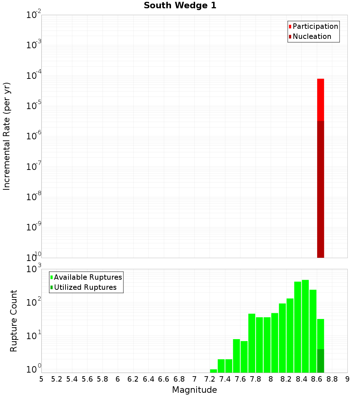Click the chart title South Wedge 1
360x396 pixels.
(x=180, y=6)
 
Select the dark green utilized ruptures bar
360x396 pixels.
(x=320, y=361)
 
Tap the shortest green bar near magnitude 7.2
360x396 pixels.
(x=213, y=371)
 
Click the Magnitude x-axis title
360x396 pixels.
(x=194, y=390)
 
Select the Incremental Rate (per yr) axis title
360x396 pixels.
(x=7, y=136)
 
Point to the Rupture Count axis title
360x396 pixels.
(x=14, y=321)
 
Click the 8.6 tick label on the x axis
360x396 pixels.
(x=317, y=379)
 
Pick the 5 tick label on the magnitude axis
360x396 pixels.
(x=41, y=379)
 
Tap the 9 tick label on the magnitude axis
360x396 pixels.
(x=347, y=379)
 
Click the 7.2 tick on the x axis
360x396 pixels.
(x=210, y=379)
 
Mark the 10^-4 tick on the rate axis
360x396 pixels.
(x=34, y=76)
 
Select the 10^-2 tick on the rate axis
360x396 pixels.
(x=34, y=15)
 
